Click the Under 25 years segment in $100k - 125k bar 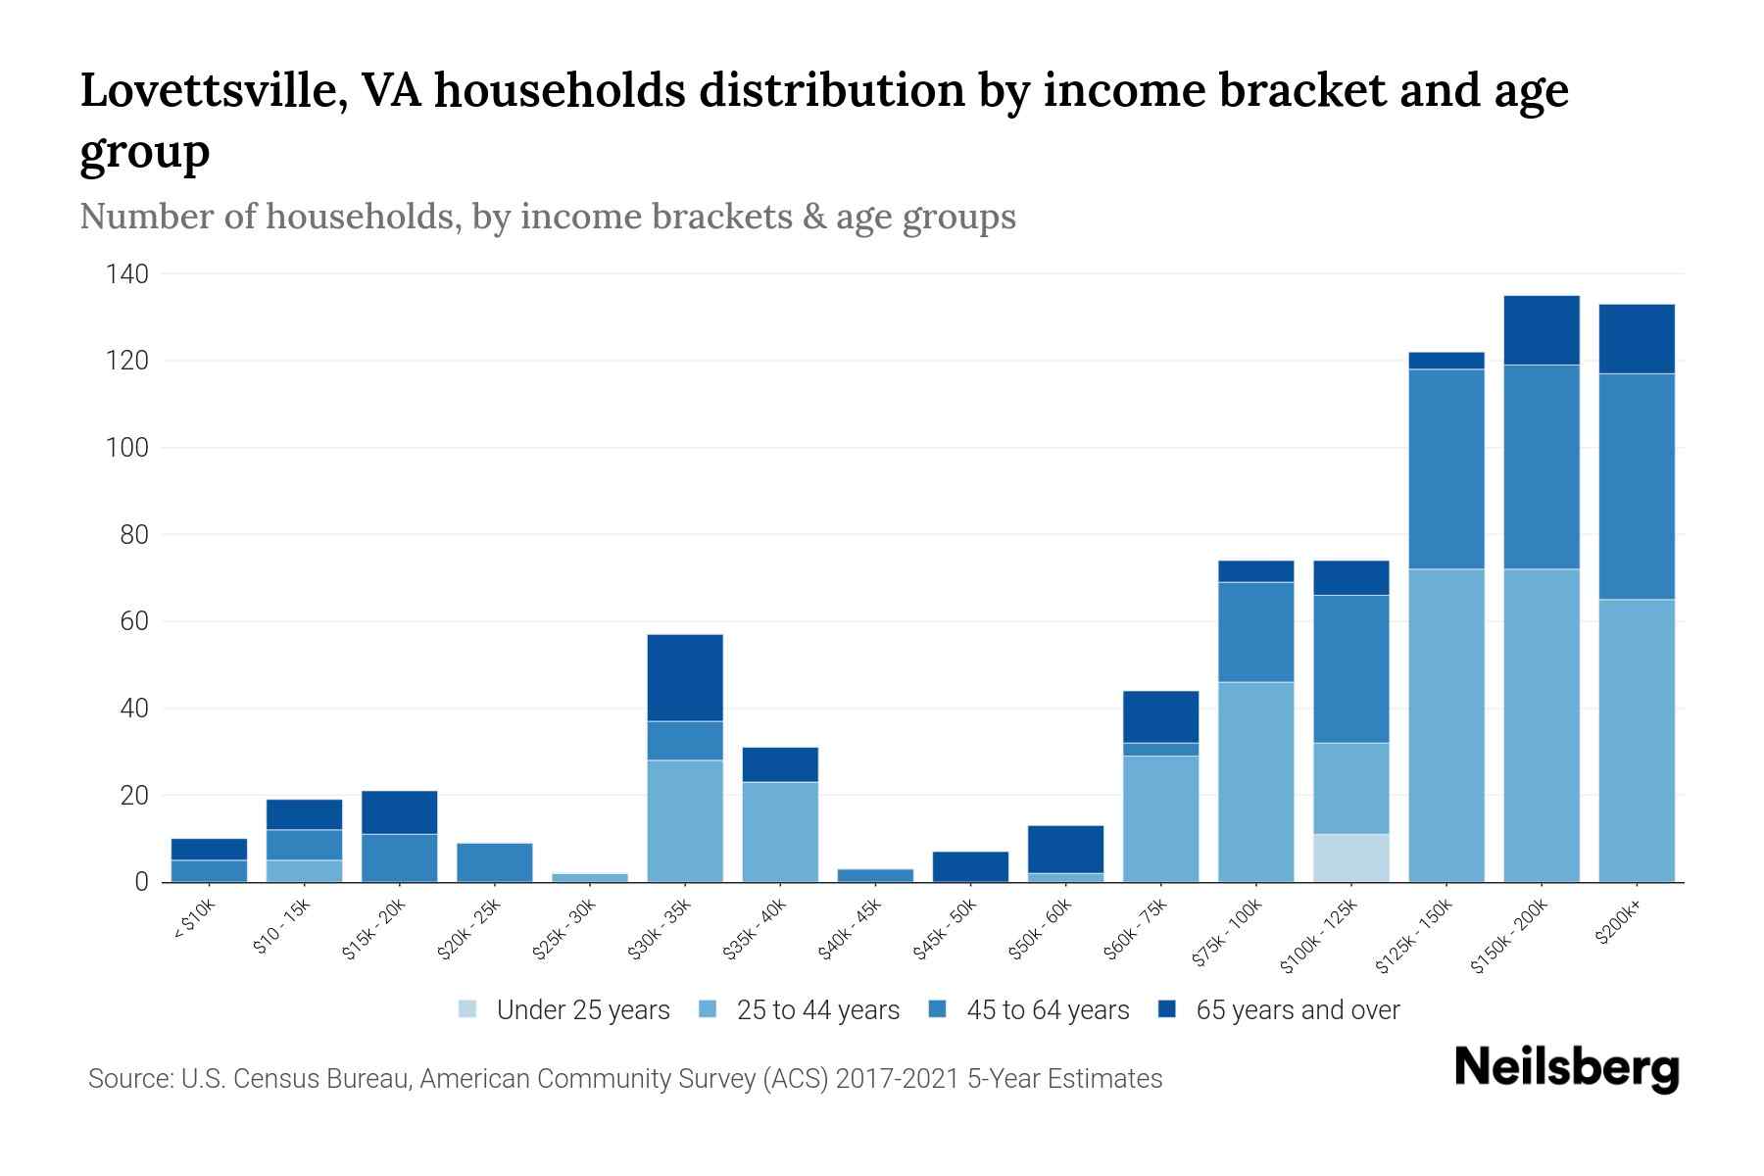click(1351, 857)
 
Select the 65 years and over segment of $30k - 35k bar click(685, 677)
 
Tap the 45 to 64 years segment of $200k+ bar click(1637, 486)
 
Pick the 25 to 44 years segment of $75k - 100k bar click(1256, 781)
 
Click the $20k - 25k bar click(495, 862)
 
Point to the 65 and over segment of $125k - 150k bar click(1446, 361)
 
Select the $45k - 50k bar click(970, 866)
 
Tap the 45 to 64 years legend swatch click(938, 1009)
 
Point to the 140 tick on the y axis click(127, 274)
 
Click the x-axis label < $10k click(194, 920)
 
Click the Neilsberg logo click(1566, 1068)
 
